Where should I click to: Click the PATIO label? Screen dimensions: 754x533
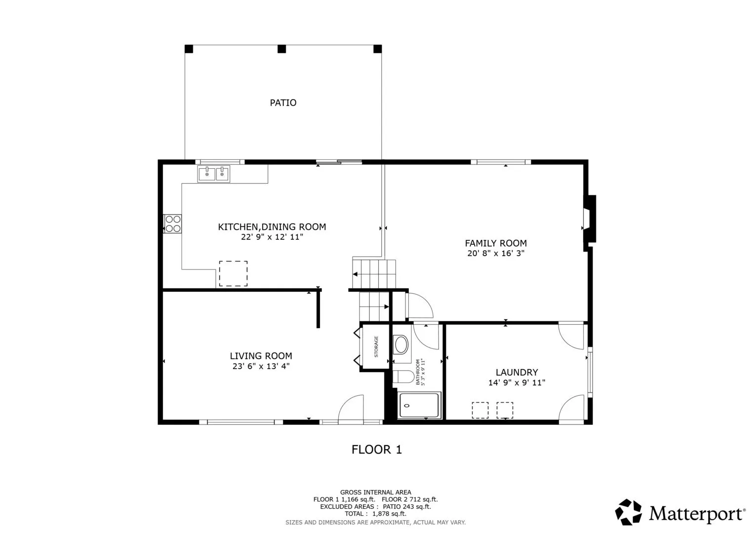(283, 103)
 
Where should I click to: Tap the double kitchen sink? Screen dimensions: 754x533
(214, 174)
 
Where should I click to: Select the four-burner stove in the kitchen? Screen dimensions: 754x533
(173, 224)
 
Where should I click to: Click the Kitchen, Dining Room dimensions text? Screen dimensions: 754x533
(272, 237)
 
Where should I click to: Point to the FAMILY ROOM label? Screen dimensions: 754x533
(496, 243)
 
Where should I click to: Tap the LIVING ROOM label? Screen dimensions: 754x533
(261, 356)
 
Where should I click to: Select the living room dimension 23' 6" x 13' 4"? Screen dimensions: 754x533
(261, 366)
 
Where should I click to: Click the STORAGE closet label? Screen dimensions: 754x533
(376, 346)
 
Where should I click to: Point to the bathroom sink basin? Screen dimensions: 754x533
(401, 344)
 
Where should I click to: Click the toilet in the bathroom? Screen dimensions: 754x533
(403, 377)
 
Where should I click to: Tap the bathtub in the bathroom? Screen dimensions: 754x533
(419, 406)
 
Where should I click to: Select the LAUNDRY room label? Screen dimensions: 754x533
(516, 373)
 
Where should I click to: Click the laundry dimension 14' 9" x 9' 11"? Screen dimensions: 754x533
(516, 382)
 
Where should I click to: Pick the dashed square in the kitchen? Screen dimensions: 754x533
(233, 273)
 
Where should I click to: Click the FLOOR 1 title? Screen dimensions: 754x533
(377, 450)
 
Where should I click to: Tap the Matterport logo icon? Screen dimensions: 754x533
(628, 512)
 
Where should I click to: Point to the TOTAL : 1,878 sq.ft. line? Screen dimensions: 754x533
(375, 514)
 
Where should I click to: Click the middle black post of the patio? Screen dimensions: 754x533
(282, 49)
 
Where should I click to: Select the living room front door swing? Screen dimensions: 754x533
(351, 408)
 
